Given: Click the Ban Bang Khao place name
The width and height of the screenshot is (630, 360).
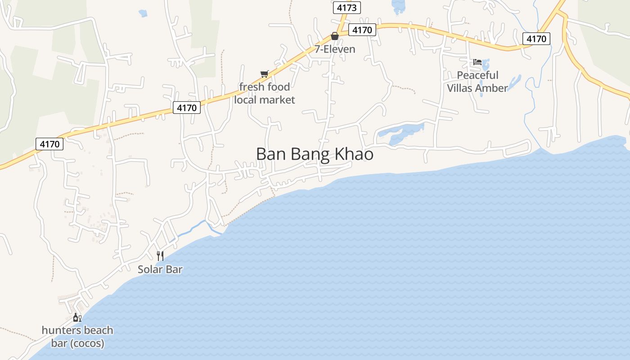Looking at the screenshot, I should (x=315, y=154).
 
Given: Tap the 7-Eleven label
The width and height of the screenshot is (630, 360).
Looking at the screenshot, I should (x=335, y=49).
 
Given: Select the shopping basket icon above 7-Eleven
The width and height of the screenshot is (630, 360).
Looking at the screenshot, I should (x=335, y=36).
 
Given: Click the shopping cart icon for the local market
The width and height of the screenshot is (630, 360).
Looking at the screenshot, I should (x=264, y=74).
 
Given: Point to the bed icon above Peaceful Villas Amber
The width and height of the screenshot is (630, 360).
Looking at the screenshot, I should (x=477, y=62).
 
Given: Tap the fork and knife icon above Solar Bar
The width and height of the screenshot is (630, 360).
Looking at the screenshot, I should (x=160, y=256).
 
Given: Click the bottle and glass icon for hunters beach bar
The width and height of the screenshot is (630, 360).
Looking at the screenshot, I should (x=77, y=318).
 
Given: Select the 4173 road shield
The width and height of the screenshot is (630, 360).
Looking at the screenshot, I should (x=346, y=8).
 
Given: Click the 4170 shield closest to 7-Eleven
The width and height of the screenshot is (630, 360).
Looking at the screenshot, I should (x=362, y=30).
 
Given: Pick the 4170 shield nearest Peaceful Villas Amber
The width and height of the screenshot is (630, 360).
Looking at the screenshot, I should (x=536, y=39).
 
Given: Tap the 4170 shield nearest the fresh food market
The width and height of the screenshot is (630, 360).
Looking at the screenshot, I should (x=186, y=108).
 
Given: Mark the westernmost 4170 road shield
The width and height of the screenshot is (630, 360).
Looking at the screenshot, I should (x=49, y=144).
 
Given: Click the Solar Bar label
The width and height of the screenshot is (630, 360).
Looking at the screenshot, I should (x=160, y=270).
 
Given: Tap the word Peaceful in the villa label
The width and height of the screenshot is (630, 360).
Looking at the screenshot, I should (x=477, y=75).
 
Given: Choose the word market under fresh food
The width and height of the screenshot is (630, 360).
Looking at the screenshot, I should (x=277, y=100).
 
